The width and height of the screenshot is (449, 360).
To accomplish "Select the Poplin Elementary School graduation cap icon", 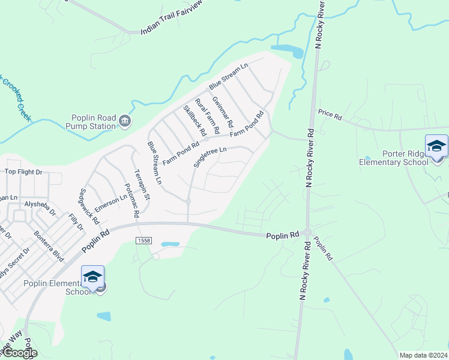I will [92, 277].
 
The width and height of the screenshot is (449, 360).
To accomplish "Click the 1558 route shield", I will [144, 241].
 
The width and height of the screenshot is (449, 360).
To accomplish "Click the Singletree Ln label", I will [210, 158].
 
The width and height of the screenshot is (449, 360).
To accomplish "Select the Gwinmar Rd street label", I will [223, 112].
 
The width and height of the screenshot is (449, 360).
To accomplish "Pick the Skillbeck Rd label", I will [194, 119].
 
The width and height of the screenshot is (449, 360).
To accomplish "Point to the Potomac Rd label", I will [131, 200].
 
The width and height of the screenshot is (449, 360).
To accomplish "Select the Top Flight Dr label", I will [24, 172].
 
